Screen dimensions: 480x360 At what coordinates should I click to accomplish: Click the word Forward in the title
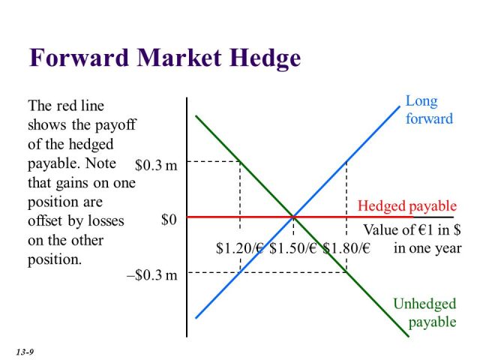coord(79,58)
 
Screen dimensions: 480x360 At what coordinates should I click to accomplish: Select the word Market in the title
coord(179,58)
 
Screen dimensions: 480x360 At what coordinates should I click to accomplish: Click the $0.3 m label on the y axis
coord(156,165)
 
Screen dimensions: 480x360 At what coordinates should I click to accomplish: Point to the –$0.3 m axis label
coord(152,275)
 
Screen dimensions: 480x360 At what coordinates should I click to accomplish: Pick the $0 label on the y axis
coord(169,220)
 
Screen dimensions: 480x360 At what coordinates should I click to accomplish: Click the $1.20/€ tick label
coord(240,248)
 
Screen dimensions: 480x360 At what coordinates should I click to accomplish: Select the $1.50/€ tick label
coord(293,248)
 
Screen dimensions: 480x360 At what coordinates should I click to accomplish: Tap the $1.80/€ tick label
coord(346,248)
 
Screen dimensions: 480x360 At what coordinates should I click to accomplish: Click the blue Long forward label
coord(429,110)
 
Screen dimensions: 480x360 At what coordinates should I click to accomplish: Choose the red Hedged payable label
coord(407,206)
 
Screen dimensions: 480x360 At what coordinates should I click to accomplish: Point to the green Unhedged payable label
coord(425,313)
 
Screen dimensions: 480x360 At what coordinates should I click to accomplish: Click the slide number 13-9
coord(25,352)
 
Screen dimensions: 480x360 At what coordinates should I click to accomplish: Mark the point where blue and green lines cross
coord(293,217)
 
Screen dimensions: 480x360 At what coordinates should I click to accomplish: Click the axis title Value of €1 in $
coord(412,230)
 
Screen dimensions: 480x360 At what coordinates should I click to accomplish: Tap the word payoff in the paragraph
coord(115,125)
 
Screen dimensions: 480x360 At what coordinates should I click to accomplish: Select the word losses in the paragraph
coord(106,220)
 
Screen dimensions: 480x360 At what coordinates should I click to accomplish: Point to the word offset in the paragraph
coord(45,220)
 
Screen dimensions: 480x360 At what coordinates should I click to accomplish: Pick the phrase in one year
coord(427,248)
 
